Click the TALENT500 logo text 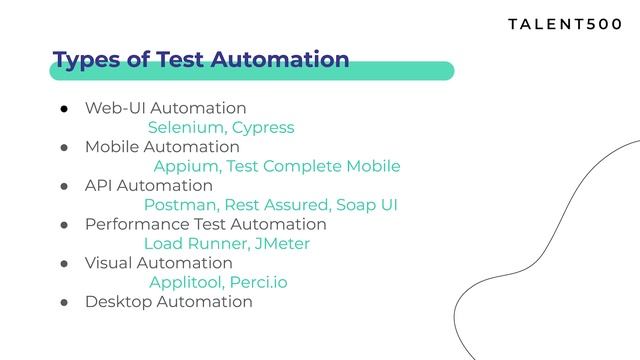[x=565, y=23]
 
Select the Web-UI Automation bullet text [x=165, y=108]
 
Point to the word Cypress [x=263, y=128]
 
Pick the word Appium [x=186, y=167]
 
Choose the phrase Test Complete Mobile [x=313, y=167]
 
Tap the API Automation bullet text [x=148, y=186]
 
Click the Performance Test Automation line [x=205, y=225]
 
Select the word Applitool [x=185, y=283]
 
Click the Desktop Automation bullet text [x=168, y=302]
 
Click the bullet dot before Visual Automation [x=62, y=264]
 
